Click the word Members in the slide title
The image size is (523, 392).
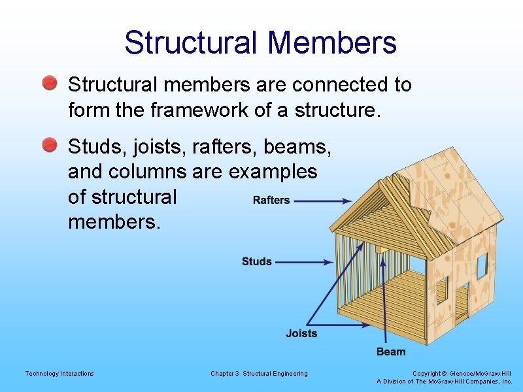click(332, 42)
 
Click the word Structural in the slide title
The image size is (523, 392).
click(193, 42)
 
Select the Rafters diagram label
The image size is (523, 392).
click(271, 200)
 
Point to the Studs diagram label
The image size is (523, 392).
click(256, 261)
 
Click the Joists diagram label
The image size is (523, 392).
click(301, 333)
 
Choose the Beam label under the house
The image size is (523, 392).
click(390, 351)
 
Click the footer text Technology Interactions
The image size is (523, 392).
click(59, 374)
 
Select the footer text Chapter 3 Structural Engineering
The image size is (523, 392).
click(259, 374)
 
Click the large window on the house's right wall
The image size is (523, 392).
click(482, 265)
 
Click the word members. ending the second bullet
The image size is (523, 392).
click(114, 221)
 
